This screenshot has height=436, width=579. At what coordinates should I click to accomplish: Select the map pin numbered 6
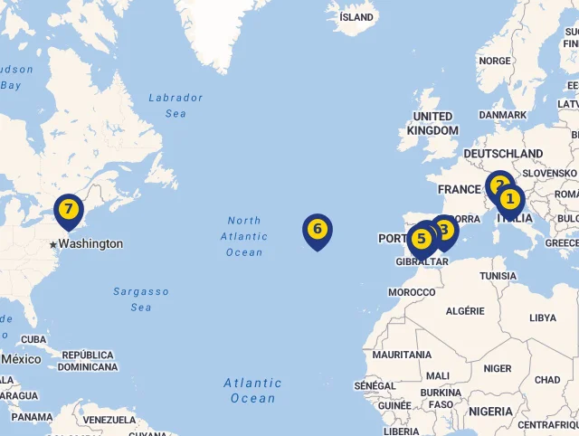pyautogui.click(x=317, y=230)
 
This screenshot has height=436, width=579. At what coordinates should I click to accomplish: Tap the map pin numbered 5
pyautogui.click(x=421, y=240)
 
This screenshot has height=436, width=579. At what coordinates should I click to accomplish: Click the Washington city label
pyautogui.click(x=90, y=244)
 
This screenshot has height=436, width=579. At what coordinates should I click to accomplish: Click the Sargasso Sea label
pyautogui.click(x=141, y=299)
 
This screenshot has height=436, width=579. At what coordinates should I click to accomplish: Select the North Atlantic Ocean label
pyautogui.click(x=244, y=236)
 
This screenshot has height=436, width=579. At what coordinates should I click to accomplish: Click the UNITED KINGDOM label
pyautogui.click(x=432, y=123)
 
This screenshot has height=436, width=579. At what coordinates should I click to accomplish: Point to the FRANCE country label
pyautogui.click(x=459, y=189)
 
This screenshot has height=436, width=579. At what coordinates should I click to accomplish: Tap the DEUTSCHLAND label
pyautogui.click(x=503, y=154)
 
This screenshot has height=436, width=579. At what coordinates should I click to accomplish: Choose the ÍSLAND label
pyautogui.click(x=356, y=17)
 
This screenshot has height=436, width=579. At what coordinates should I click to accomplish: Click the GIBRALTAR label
pyautogui.click(x=422, y=262)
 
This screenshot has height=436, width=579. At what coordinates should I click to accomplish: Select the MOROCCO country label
pyautogui.click(x=412, y=292)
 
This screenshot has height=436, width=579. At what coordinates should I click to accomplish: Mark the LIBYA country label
pyautogui.click(x=543, y=318)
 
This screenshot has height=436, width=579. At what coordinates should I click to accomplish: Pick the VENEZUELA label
pyautogui.click(x=109, y=421)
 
